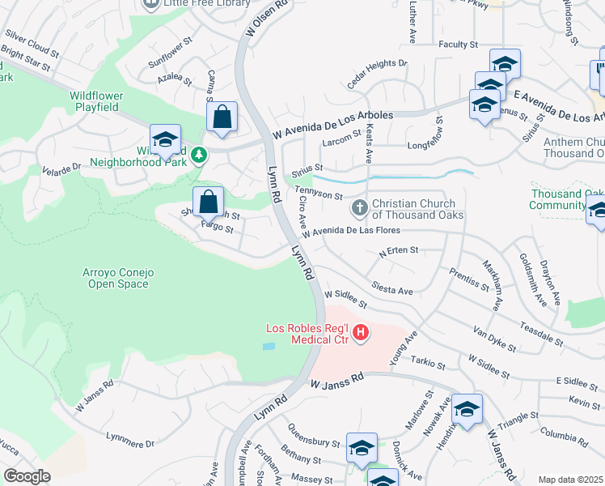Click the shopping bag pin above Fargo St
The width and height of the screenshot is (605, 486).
click(208, 200)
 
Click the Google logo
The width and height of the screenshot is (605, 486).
click(27, 476)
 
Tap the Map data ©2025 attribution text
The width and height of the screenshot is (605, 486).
click(570, 480)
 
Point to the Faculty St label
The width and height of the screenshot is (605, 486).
click(459, 45)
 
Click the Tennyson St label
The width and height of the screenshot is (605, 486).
click(319, 193)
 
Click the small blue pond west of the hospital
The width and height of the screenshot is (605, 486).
click(269, 346)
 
